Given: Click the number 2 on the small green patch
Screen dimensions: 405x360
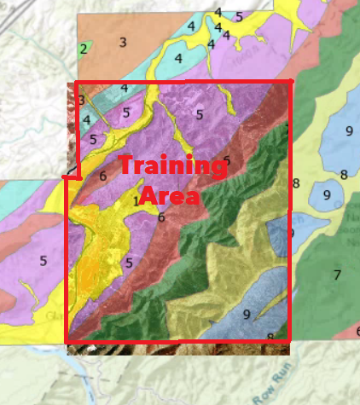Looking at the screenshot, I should click(x=84, y=49).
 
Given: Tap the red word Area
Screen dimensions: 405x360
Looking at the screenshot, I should click(x=168, y=196).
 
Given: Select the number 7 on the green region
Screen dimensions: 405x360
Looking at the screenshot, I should click(x=337, y=275).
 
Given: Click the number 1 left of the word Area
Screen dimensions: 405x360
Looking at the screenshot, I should click(x=136, y=201).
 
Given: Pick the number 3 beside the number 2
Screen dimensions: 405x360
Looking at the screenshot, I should click(x=123, y=42).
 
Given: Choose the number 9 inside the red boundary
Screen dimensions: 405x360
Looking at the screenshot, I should click(x=247, y=314).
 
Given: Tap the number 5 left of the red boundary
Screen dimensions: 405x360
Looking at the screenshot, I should click(x=43, y=261).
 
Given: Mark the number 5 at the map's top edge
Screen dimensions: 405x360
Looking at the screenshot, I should click(x=240, y=16).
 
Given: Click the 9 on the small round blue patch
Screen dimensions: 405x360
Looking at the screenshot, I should click(x=326, y=194).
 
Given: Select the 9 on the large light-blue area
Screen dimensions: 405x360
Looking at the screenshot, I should click(x=349, y=130).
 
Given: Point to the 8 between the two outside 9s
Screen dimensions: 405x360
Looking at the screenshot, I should click(x=343, y=175).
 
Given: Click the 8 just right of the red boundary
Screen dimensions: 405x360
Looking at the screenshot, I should click(x=296, y=183).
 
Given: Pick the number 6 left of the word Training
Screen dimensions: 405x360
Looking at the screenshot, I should click(x=102, y=176).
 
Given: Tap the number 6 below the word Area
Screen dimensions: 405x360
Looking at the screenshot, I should click(x=160, y=217).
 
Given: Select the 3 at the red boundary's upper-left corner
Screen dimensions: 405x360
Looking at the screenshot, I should click(x=81, y=101).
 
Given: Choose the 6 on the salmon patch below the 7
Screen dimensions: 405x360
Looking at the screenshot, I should click(x=357, y=331).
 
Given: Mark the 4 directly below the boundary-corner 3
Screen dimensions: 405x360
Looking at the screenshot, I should click(x=86, y=119).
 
